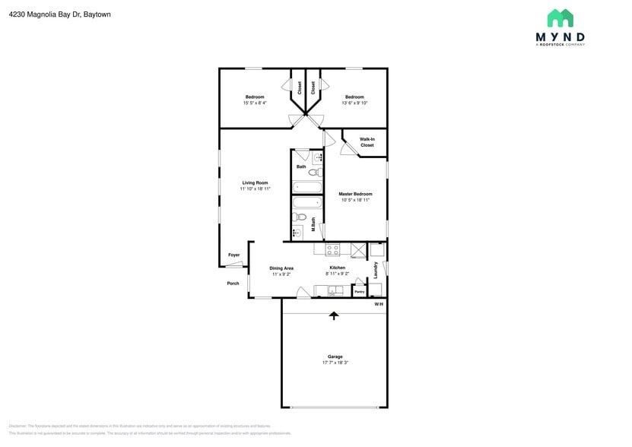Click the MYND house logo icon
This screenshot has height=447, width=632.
click(560, 18)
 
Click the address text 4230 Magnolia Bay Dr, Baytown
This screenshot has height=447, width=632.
click(60, 14)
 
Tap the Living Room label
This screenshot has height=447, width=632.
click(255, 182)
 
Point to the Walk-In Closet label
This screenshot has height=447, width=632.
click(367, 142)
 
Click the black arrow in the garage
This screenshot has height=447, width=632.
click(333, 315)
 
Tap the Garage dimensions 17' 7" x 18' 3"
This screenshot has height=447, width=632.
click(335, 363)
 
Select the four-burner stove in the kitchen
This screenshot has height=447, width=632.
click(332, 249)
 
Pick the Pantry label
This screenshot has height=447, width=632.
click(359, 291)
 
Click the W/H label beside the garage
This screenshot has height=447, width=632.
click(379, 305)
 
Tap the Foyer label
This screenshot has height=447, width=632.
click(233, 255)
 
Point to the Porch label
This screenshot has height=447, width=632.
click(233, 284)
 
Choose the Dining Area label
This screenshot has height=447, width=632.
click(281, 268)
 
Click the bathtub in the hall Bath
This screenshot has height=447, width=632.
click(308, 188)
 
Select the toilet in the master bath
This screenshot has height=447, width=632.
click(300, 217)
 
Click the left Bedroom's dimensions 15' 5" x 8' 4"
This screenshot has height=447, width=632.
click(254, 103)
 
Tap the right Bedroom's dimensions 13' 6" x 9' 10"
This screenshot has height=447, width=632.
click(354, 103)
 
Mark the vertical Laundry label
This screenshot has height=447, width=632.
click(376, 269)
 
